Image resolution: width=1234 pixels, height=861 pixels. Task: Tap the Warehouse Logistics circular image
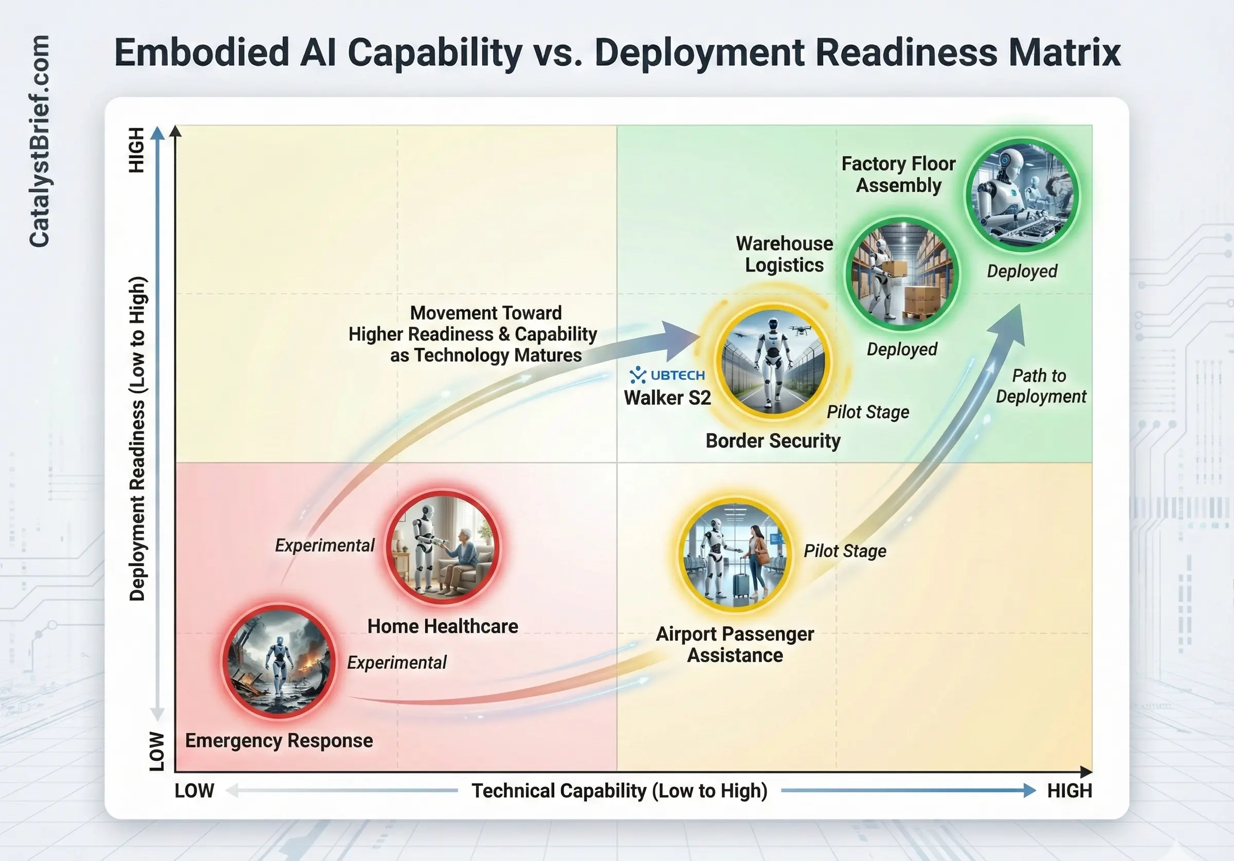[902, 274]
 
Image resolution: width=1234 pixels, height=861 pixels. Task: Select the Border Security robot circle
[773, 361]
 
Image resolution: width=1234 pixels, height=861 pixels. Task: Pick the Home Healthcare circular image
[443, 547]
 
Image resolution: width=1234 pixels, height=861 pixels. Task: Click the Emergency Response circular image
[279, 661]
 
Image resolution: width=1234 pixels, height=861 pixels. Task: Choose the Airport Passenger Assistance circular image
[735, 555]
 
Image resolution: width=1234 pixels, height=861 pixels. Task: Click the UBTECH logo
[667, 375]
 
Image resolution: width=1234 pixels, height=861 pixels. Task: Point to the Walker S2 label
[667, 398]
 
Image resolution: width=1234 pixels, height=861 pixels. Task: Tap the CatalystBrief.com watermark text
[39, 141]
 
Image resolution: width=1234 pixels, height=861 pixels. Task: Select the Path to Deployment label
[1041, 386]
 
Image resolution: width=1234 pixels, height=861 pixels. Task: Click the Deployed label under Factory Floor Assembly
[1022, 271]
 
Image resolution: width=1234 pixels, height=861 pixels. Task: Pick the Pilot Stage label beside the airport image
[845, 551]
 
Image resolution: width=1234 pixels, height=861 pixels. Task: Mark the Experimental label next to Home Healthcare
[324, 545]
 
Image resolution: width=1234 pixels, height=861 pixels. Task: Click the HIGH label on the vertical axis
[137, 150]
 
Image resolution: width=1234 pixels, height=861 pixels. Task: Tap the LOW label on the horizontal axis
[194, 791]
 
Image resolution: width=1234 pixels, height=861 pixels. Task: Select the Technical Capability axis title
[620, 791]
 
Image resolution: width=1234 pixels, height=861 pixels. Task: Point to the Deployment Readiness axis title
[138, 438]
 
